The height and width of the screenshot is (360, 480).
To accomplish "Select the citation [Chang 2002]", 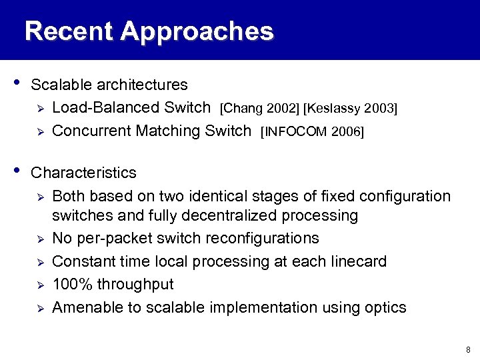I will (259, 108).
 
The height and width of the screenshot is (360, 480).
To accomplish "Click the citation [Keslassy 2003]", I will (350, 108).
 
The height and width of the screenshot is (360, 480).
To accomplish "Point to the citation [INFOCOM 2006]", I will (313, 131).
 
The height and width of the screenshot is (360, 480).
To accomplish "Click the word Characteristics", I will (83, 173).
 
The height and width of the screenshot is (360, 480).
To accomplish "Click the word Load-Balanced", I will (106, 108).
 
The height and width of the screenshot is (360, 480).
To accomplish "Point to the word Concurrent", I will (91, 131).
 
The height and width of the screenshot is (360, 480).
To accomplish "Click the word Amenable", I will (83, 307).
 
